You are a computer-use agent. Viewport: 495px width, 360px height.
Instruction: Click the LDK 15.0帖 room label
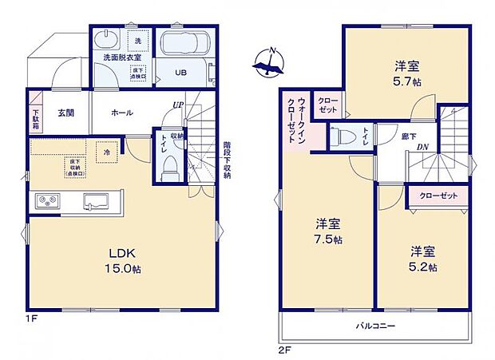tap(123, 260)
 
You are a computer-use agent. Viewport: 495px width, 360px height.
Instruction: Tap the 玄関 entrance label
tap(65, 113)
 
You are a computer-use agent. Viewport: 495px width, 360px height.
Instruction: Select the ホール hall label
tap(121, 113)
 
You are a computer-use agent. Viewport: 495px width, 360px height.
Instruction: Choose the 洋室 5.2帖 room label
tap(419, 260)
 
